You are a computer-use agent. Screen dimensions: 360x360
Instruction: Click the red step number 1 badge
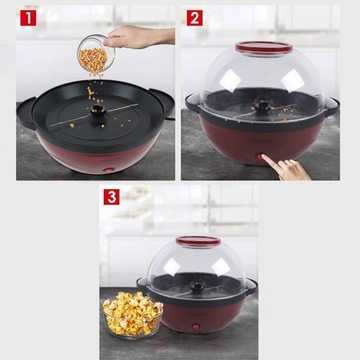pyautogui.click(x=28, y=18)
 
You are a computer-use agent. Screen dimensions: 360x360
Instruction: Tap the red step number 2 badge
pyautogui.click(x=195, y=18)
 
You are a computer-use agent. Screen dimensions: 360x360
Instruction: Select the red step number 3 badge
pyautogui.click(x=111, y=197)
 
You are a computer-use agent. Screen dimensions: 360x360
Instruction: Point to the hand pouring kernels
pyautogui.click(x=139, y=37)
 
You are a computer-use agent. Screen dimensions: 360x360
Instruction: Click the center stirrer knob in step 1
pyautogui.click(x=98, y=110)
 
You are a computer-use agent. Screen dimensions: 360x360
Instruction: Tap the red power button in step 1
pyautogui.click(x=108, y=170)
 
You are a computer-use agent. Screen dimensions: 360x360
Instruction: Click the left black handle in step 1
pyautogui.click(x=26, y=113)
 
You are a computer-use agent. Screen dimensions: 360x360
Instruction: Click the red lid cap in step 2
pyautogui.click(x=264, y=47)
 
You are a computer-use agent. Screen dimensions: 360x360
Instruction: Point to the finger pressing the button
pyautogui.click(x=285, y=168)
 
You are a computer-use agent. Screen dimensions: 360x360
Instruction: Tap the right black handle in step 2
pyautogui.click(x=332, y=106)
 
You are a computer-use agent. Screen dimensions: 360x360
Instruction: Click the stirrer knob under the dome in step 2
pyautogui.click(x=263, y=107)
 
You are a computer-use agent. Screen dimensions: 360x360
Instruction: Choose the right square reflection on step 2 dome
pyautogui.click(x=292, y=81)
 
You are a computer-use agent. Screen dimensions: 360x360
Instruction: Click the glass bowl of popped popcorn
pyautogui.click(x=132, y=313)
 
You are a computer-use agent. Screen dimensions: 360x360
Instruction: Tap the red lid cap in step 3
pyautogui.click(x=198, y=241)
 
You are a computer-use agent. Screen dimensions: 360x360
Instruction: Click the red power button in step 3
pyautogui.click(x=196, y=327)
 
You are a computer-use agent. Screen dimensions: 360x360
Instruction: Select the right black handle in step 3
pyautogui.click(x=251, y=286)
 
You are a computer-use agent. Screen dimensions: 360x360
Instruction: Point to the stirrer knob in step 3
pyautogui.click(x=197, y=287)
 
